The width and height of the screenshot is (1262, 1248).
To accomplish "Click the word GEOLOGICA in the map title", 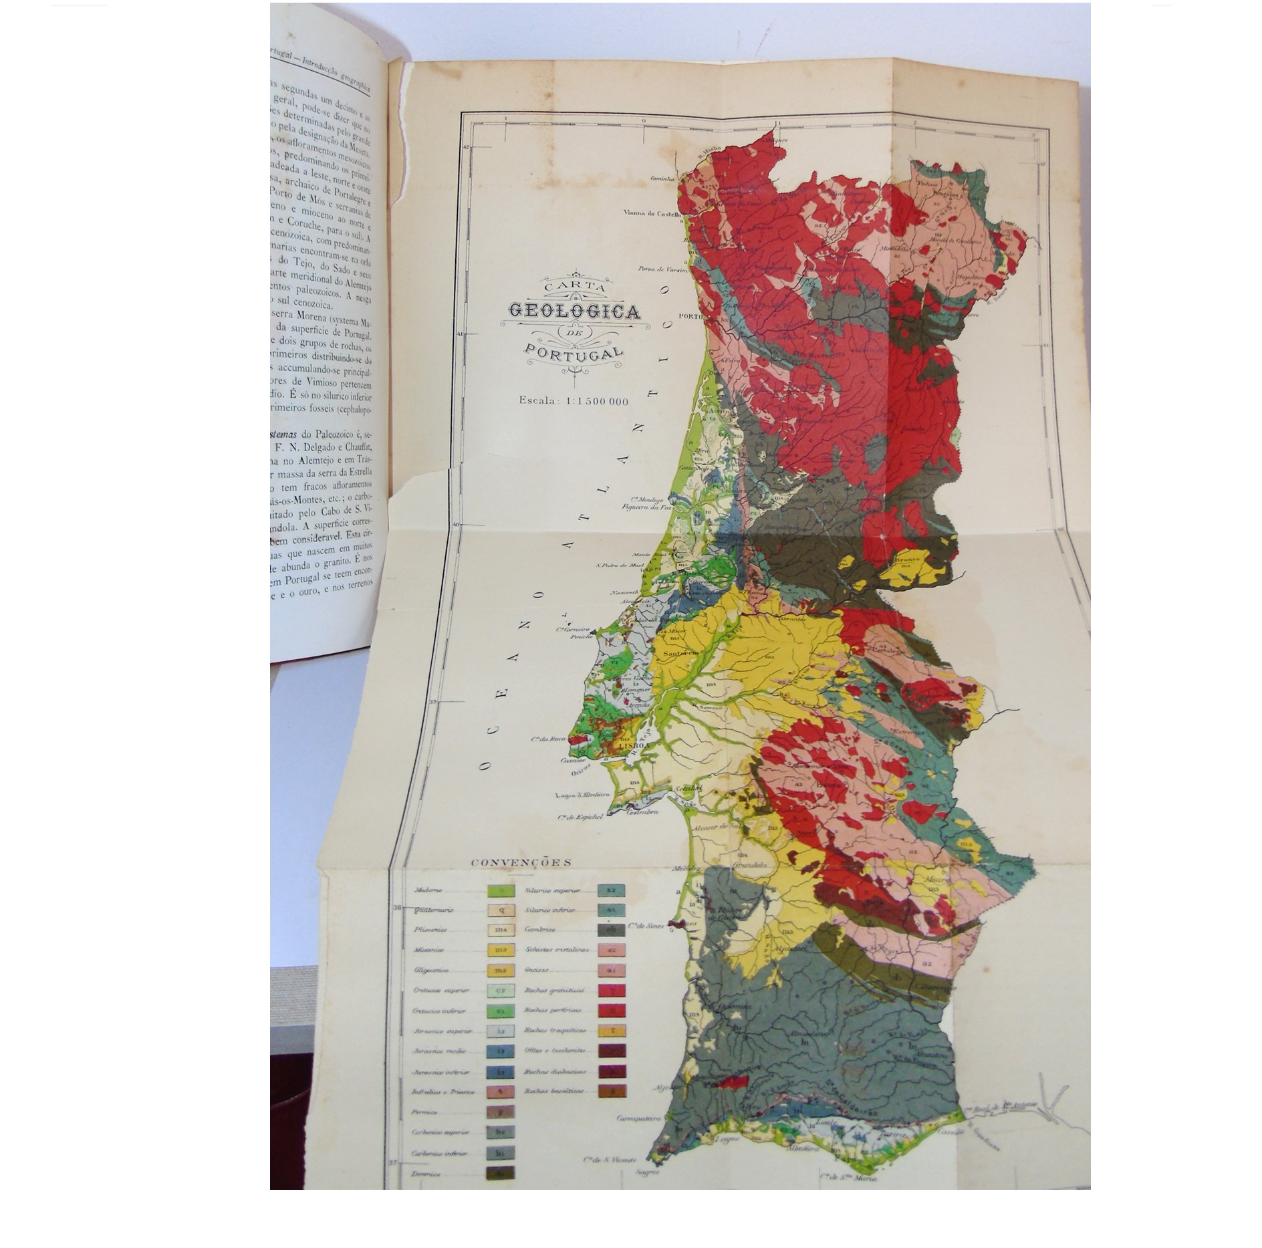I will [x=574, y=311].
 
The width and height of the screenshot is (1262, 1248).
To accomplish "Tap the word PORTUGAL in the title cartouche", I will [x=573, y=351].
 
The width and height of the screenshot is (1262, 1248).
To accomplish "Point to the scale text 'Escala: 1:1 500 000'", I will [x=574, y=401].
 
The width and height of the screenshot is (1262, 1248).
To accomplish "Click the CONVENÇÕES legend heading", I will [x=521, y=862].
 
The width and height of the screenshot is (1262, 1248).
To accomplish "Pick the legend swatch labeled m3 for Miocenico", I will [x=501, y=950].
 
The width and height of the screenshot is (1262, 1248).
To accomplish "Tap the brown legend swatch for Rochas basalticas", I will [x=611, y=1091].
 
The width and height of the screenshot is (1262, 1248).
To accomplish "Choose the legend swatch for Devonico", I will [x=501, y=1173].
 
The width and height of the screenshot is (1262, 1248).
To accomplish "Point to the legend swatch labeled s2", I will [x=611, y=890].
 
